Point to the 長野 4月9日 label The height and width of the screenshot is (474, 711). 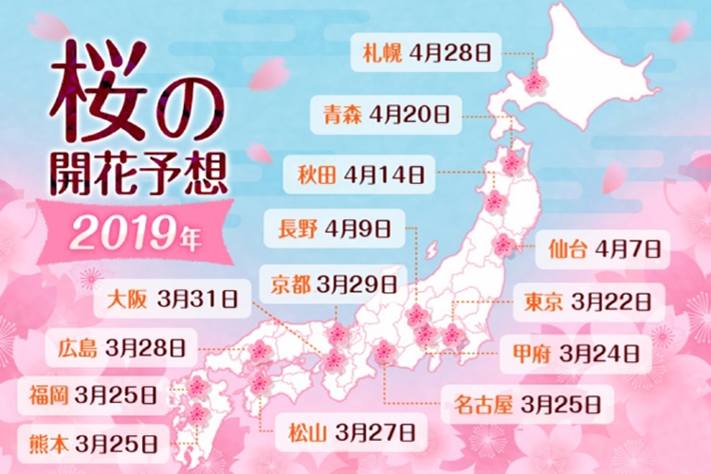coord(335,228)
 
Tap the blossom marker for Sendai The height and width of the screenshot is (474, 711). coord(503,246)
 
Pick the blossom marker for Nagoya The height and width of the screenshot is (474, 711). coord(384,353)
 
